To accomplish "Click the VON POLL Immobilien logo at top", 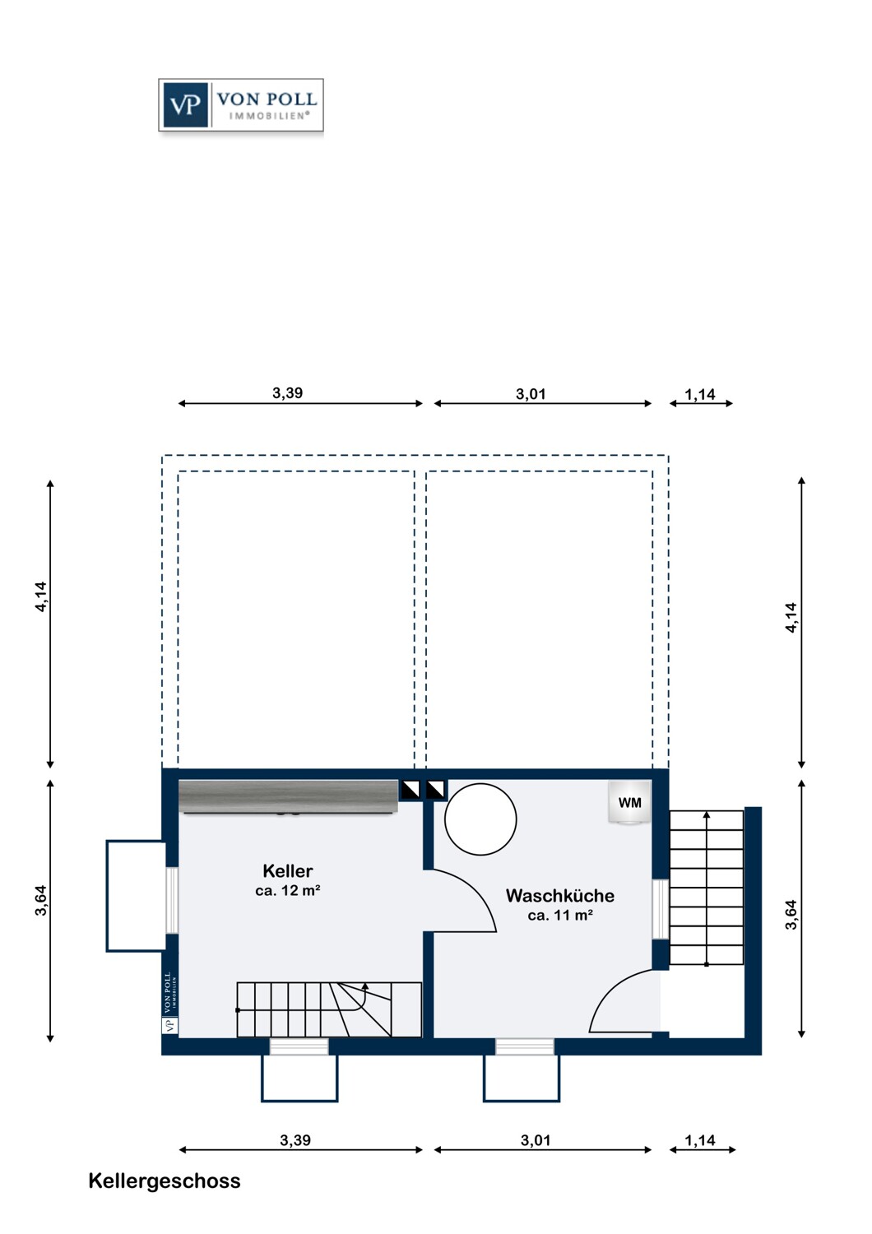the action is [x=241, y=104].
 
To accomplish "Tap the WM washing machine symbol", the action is [x=629, y=803].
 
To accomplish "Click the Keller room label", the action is [x=288, y=871].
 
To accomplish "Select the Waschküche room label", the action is [x=560, y=895].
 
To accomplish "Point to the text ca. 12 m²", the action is [x=288, y=891].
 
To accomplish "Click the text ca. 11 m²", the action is [x=560, y=916].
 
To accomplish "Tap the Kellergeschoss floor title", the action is [x=165, y=1181].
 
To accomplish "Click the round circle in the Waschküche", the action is [x=480, y=819].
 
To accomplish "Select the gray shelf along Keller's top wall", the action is [x=288, y=796].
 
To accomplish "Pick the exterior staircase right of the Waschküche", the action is [x=706, y=888].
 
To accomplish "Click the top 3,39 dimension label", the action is [x=288, y=392].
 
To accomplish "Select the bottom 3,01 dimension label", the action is [x=536, y=1139].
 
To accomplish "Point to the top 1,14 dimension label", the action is [x=699, y=394].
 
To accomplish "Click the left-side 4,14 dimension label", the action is [x=41, y=596].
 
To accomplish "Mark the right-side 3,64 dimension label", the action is [x=791, y=915].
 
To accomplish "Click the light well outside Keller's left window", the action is [x=136, y=897].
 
